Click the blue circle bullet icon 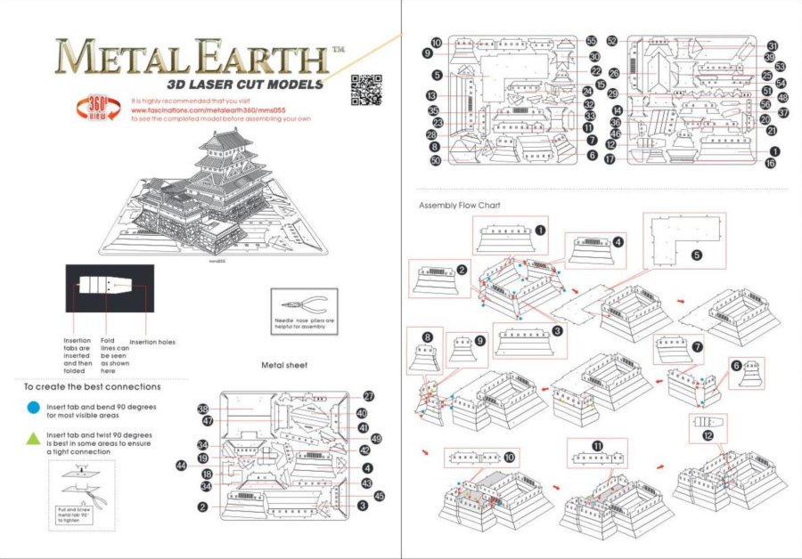click(x=33, y=407)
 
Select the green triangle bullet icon click(x=33, y=439)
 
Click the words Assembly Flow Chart click(x=460, y=206)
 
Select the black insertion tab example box click(x=109, y=288)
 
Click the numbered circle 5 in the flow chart click(x=697, y=254)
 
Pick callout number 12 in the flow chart click(x=708, y=436)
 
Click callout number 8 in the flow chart click(x=428, y=337)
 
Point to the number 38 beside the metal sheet click(x=203, y=409)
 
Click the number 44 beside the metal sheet click(x=181, y=465)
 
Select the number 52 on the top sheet click(x=612, y=41)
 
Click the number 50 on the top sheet click(x=436, y=161)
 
